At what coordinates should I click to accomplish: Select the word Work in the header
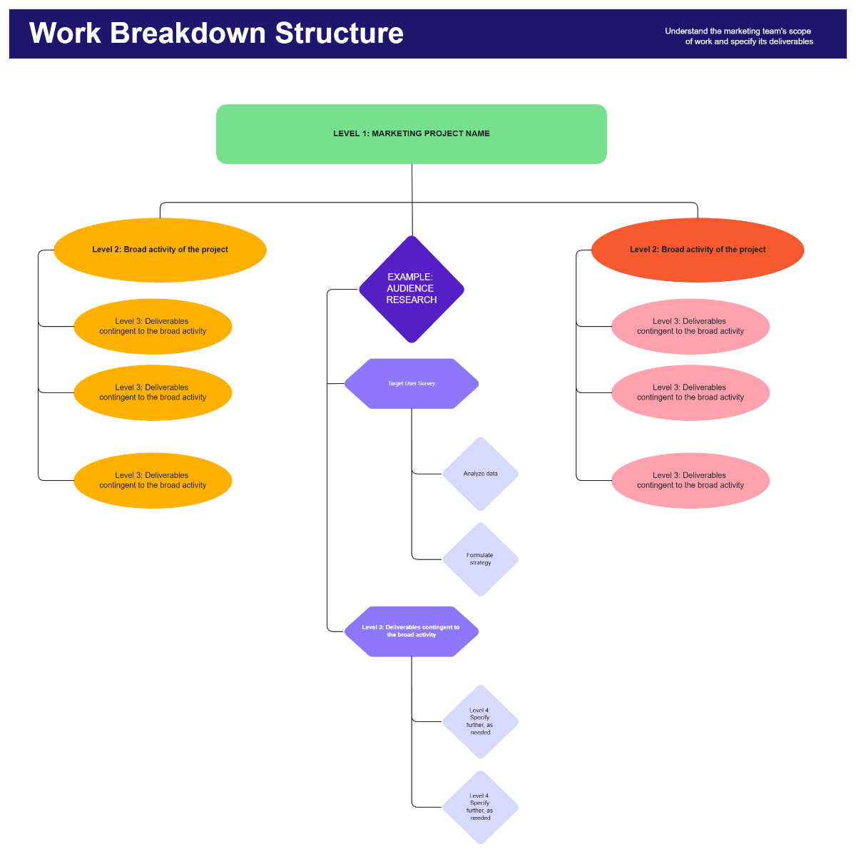65,34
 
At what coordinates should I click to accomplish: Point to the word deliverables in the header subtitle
790,42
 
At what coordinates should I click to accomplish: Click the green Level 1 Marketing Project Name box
412,134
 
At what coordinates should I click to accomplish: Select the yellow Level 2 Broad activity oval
160,250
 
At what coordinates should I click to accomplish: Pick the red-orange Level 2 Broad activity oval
698,250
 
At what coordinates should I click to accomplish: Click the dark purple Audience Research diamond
412,289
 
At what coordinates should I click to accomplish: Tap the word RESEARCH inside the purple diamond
412,300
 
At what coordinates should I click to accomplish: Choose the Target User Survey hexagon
412,384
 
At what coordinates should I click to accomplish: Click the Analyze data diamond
481,474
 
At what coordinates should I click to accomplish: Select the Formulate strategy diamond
481,559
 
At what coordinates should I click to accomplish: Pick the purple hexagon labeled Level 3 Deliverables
412,631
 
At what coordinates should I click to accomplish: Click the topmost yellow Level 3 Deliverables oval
153,327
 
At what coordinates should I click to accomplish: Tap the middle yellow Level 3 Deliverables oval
153,393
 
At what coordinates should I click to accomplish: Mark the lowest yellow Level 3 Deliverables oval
153,481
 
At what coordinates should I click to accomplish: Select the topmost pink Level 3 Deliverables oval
691,327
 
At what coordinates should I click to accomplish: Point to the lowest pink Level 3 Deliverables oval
691,481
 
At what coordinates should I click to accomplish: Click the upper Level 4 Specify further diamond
481,722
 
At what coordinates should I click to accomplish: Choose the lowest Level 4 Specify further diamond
481,808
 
